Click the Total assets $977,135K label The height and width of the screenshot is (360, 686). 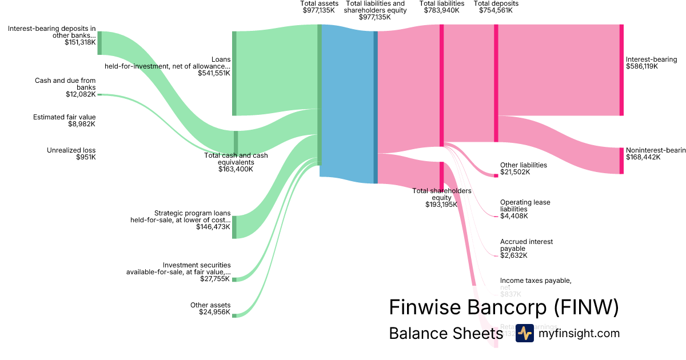(319, 7)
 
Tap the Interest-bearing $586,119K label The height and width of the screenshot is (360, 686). (651, 63)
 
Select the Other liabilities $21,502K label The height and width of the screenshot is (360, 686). (523, 169)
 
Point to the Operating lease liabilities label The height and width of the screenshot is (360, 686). (525, 209)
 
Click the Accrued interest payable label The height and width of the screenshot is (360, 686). (526, 249)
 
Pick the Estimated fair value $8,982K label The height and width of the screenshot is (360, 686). (64, 121)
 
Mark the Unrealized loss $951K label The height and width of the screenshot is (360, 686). (71, 154)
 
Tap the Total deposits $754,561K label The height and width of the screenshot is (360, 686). (496, 7)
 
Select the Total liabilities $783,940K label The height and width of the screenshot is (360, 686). (442, 7)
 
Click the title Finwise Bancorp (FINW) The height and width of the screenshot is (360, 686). (504, 307)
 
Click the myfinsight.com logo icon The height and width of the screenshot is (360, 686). (524, 333)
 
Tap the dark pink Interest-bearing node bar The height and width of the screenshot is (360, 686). (621, 70)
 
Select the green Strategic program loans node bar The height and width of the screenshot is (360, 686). (234, 227)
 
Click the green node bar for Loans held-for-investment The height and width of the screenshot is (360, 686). (234, 73)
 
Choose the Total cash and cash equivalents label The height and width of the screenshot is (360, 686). (236, 162)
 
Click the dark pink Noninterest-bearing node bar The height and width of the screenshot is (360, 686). (621, 161)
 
